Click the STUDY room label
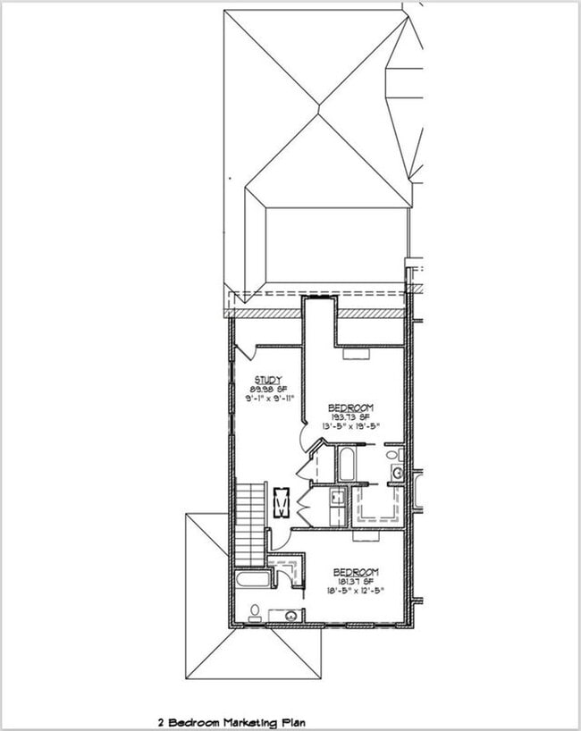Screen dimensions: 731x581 [x=268, y=379]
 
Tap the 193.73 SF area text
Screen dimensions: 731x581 [x=349, y=416]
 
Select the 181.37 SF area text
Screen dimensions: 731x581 [x=355, y=581]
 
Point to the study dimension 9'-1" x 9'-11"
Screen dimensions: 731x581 [x=269, y=399]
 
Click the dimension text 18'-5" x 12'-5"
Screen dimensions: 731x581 [x=355, y=591]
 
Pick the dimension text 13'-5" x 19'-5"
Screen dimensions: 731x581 [x=349, y=425]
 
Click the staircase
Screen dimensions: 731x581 [x=251, y=523]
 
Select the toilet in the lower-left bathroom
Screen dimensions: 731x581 [x=255, y=611]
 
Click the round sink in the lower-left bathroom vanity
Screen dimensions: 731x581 [x=290, y=616]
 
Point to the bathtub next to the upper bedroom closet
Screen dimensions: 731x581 [x=345, y=463]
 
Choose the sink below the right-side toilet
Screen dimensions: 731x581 [x=397, y=473]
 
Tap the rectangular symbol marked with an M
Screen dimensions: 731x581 [x=282, y=504]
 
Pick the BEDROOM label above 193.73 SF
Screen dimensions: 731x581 [x=349, y=406]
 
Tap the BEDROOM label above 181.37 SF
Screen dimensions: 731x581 [x=355, y=571]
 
